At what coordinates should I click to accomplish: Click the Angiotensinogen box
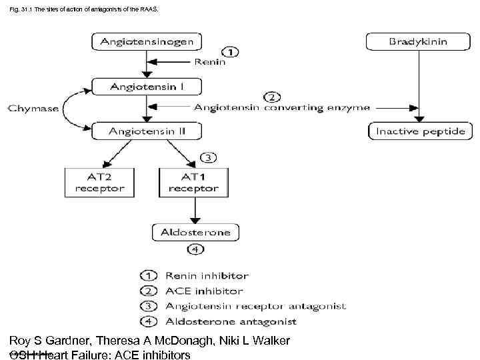147,41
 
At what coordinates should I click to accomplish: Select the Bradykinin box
418,41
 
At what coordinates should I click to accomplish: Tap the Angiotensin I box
147,86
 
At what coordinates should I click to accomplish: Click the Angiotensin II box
147,131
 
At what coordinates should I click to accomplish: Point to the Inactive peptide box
419,131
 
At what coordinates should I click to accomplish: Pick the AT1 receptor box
193,182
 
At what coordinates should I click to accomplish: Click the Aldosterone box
195,233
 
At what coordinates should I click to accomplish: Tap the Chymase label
31,107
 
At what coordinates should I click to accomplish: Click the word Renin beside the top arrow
210,64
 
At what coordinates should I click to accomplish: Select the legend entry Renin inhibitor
207,275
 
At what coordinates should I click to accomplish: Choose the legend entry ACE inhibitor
203,291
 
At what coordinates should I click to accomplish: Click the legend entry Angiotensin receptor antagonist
255,307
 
